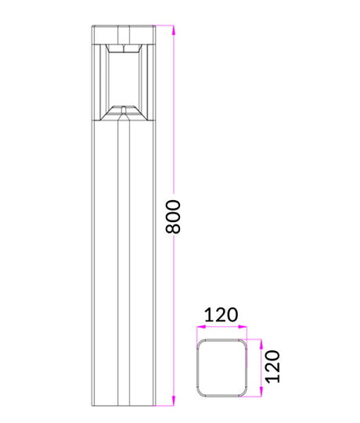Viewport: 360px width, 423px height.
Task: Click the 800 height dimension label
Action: (x=173, y=217)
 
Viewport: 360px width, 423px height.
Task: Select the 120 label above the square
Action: (x=221, y=314)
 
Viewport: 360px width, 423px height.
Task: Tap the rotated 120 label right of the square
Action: (x=273, y=367)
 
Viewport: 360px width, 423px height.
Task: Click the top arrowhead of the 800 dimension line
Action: (x=174, y=30)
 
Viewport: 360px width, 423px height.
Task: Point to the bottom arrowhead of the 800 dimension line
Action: (x=174, y=400)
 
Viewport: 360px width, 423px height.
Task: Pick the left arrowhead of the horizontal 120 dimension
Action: (x=201, y=327)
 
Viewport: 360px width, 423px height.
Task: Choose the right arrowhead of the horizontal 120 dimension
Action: (x=243, y=327)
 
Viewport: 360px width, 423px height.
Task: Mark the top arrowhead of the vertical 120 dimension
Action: (x=261, y=344)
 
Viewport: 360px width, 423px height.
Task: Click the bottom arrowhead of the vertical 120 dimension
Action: (x=261, y=392)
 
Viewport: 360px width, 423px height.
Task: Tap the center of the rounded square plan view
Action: (x=221, y=368)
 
